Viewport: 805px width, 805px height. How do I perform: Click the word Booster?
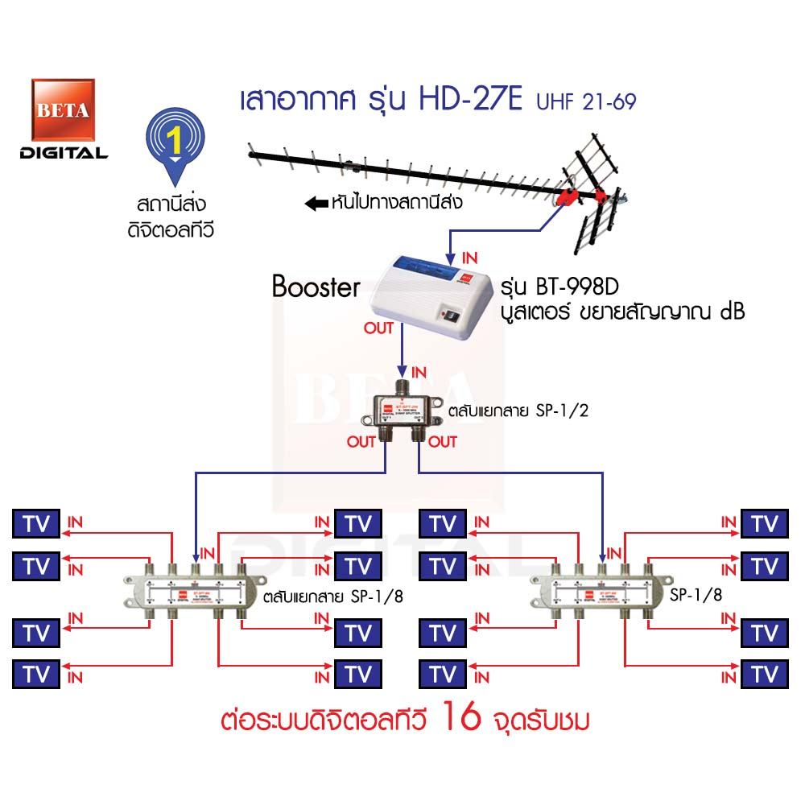point(316,287)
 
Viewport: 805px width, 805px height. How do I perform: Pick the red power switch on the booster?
point(448,316)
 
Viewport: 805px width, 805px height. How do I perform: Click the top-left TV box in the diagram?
point(36,524)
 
